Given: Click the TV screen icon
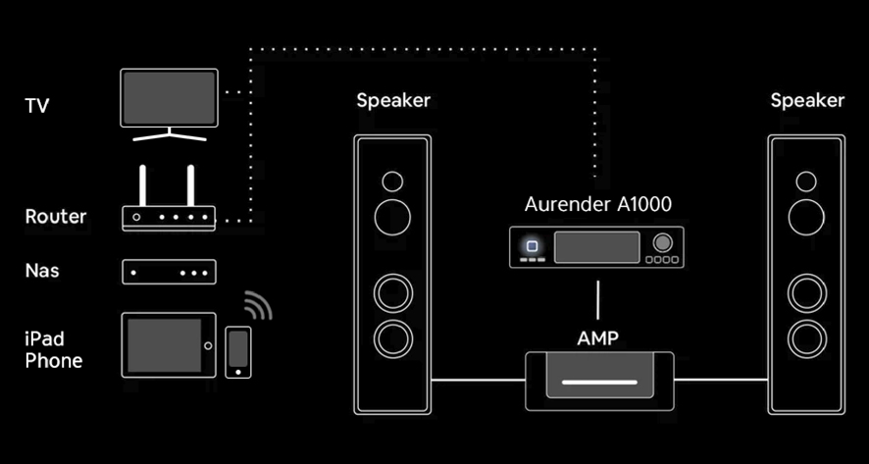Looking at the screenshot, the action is (x=169, y=104).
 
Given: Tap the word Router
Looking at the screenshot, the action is (x=56, y=216).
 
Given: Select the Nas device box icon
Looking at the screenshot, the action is (x=169, y=272).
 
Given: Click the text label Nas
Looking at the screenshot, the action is (x=42, y=271).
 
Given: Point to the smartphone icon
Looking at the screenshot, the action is (x=238, y=352).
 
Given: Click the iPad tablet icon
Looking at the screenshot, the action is (x=169, y=345).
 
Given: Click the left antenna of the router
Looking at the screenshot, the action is (x=142, y=185).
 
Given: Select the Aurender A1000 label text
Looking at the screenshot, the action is (x=598, y=204).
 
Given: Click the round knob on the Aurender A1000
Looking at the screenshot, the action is (x=662, y=243).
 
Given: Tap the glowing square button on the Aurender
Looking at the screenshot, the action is (x=532, y=246).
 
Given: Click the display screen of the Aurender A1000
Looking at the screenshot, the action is (x=597, y=247).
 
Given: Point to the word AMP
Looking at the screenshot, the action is (x=598, y=337).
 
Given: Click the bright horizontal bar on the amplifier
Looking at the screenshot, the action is (x=599, y=382).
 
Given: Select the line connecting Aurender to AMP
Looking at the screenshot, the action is (x=598, y=300).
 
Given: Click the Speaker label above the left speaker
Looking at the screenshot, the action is (x=393, y=100).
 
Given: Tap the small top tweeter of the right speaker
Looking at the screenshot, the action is (x=806, y=181).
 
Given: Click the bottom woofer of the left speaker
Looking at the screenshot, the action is (x=393, y=338).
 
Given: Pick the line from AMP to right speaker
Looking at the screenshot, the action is (x=721, y=380).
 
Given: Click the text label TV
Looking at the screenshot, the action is (x=37, y=105).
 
